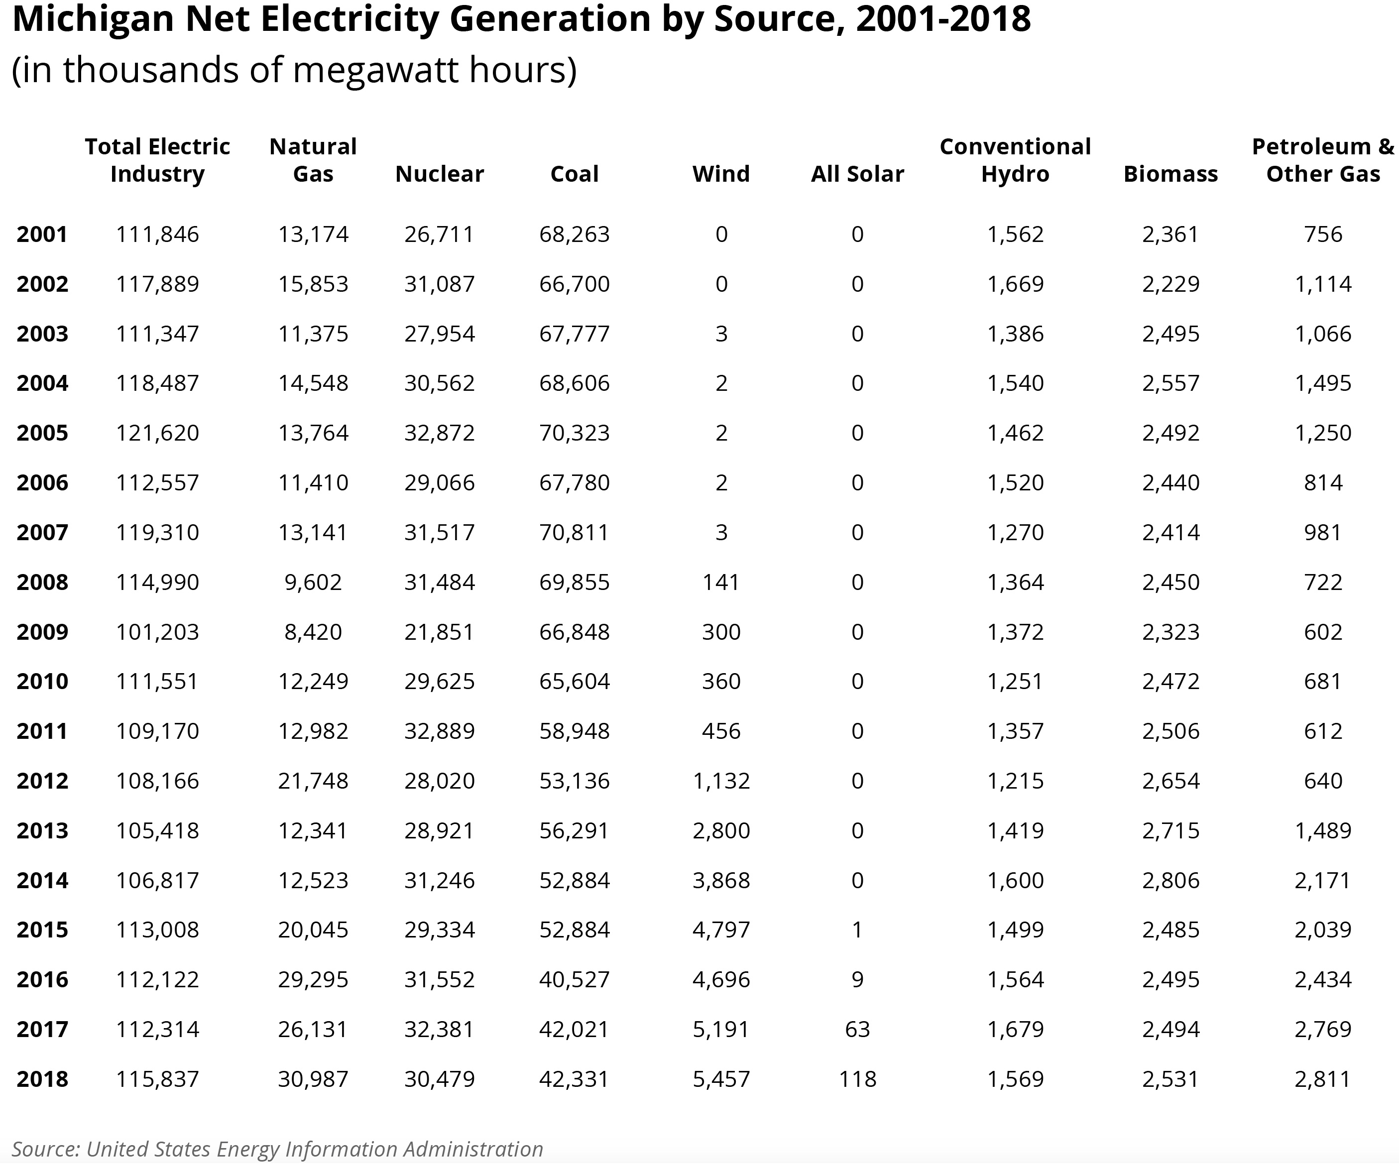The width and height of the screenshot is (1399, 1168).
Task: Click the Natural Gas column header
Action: click(313, 160)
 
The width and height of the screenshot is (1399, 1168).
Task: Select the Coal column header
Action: click(574, 174)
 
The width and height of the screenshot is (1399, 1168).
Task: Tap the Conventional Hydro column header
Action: click(1015, 160)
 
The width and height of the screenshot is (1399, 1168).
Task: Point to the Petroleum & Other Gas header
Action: click(1322, 160)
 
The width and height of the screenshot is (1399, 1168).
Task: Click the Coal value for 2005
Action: click(574, 433)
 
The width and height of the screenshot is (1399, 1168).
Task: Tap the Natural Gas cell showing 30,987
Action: click(313, 1079)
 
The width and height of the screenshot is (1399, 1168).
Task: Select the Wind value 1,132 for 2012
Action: click(721, 781)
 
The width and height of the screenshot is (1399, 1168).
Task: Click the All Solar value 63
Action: click(857, 1030)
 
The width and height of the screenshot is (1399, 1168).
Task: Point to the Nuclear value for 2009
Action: click(439, 632)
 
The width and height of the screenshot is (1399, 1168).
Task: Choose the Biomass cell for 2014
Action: click(1170, 880)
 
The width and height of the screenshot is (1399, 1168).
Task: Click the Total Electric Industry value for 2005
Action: click(157, 433)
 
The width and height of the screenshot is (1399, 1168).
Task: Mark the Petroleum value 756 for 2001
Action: click(1322, 234)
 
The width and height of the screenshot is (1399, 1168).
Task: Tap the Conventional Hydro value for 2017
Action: click(1015, 1030)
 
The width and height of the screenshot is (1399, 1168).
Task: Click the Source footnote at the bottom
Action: click(277, 1149)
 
